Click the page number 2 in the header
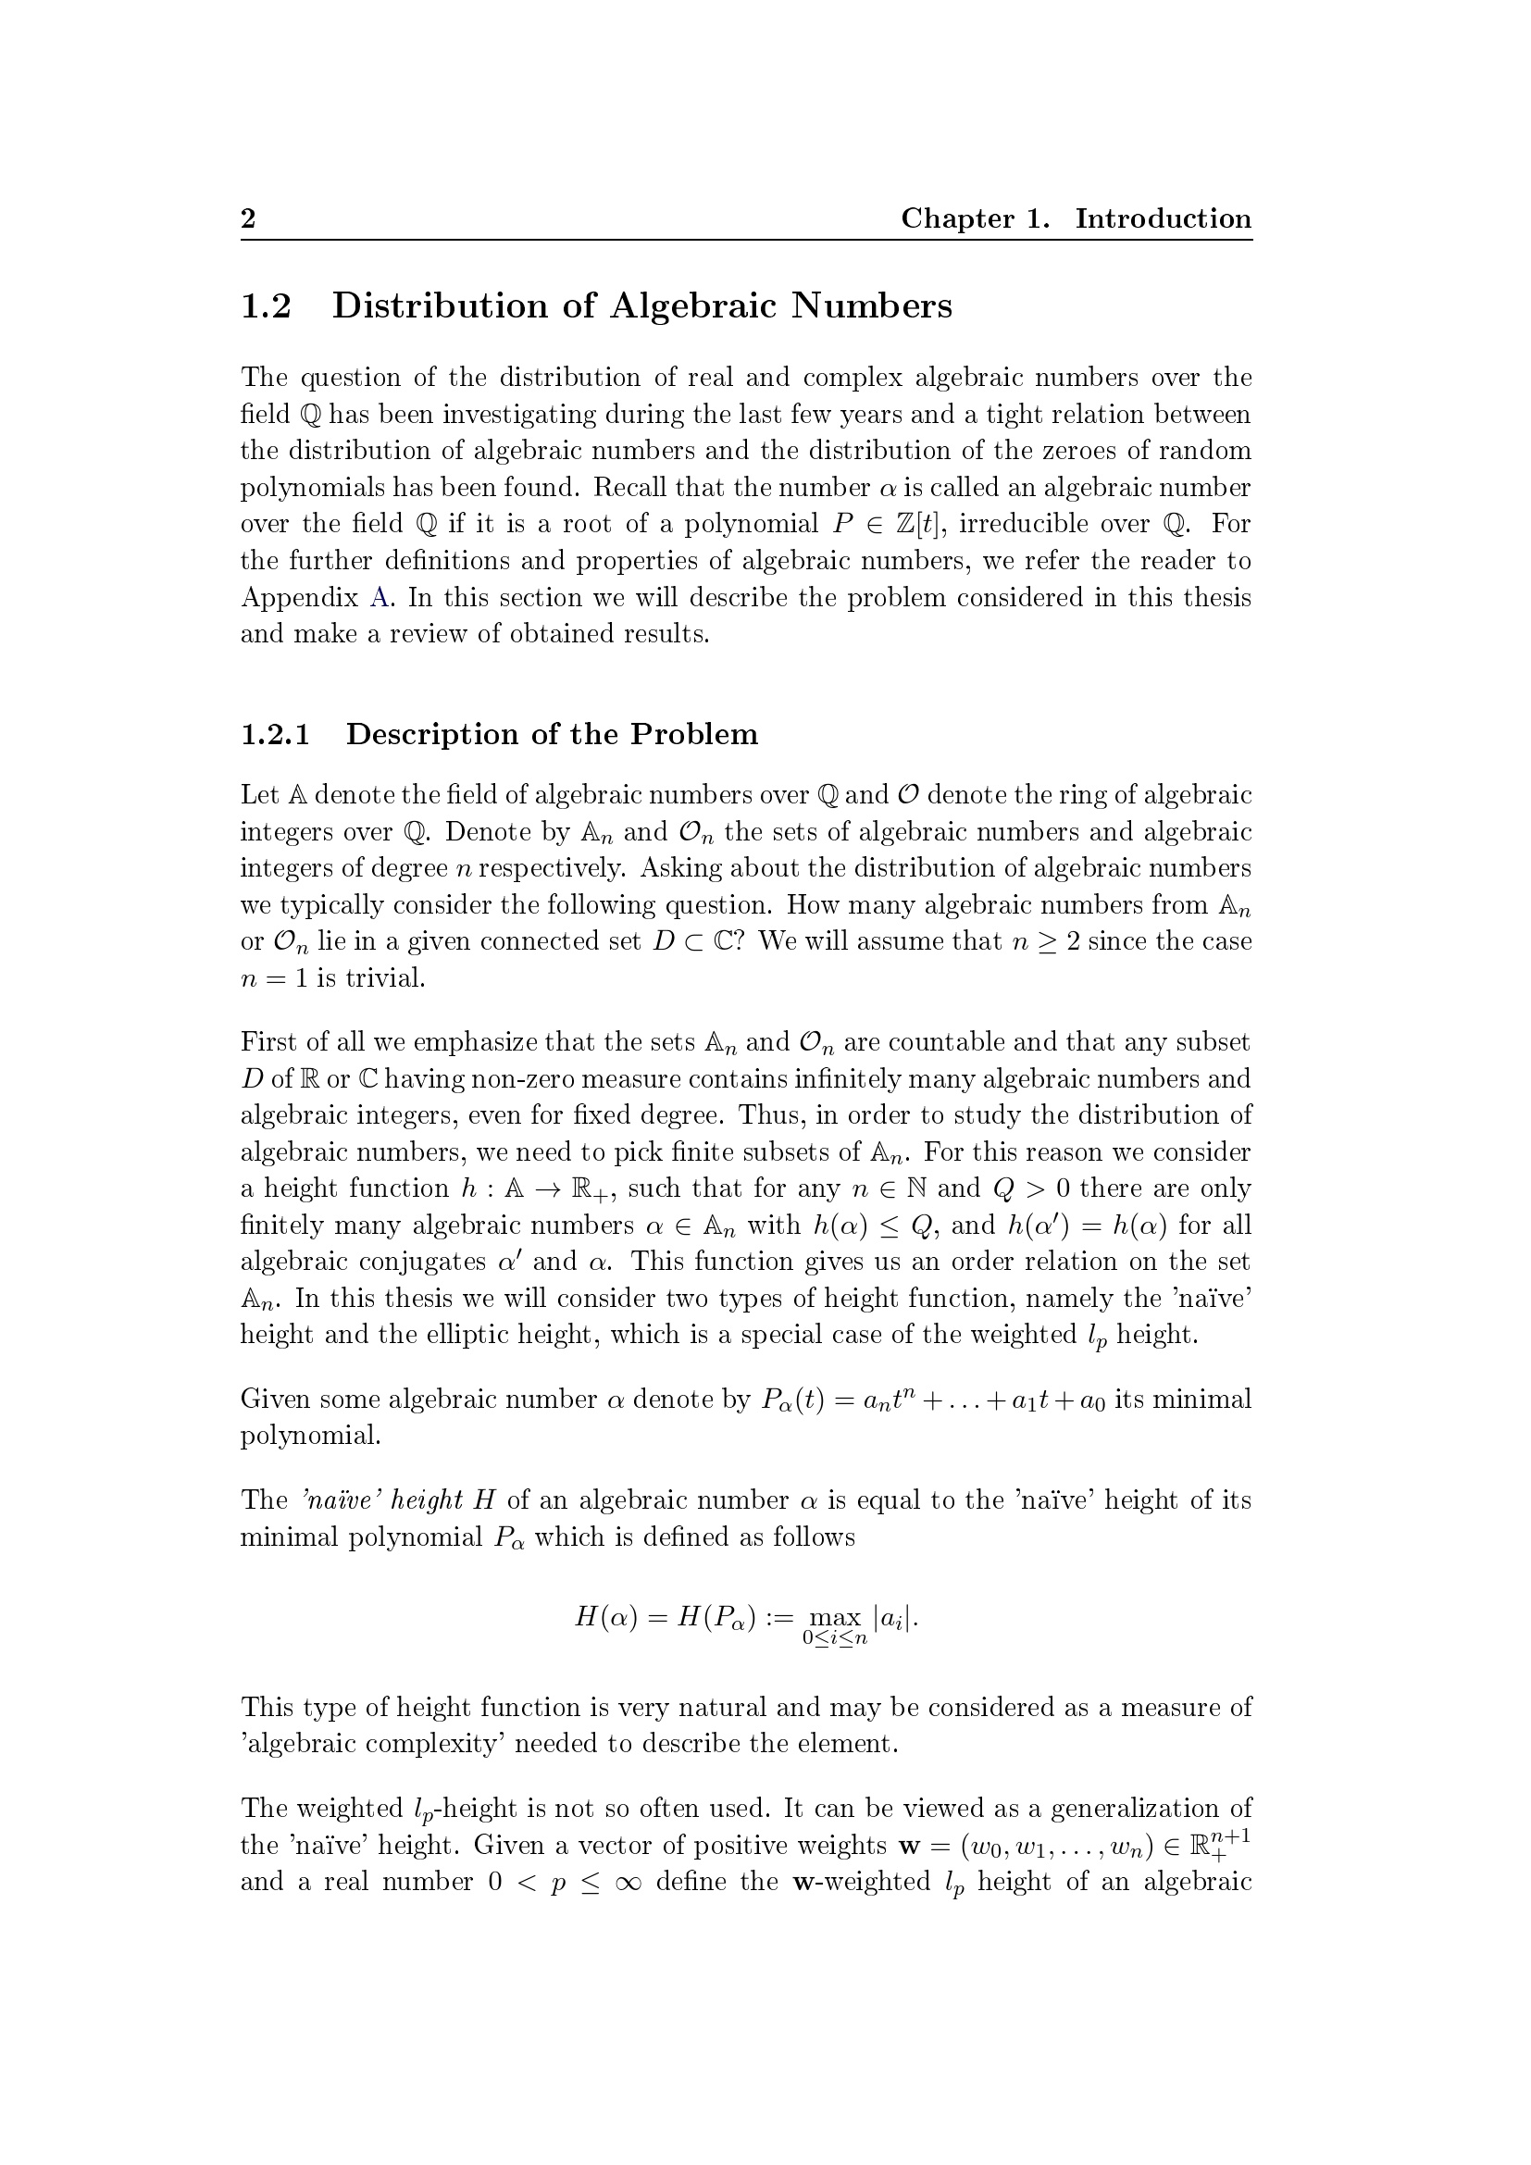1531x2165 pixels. (248, 218)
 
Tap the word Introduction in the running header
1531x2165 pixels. (1164, 218)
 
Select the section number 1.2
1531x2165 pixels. (266, 306)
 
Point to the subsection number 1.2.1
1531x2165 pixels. (275, 735)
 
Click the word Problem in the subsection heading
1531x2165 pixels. (694, 735)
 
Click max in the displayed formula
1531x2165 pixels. (835, 1619)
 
